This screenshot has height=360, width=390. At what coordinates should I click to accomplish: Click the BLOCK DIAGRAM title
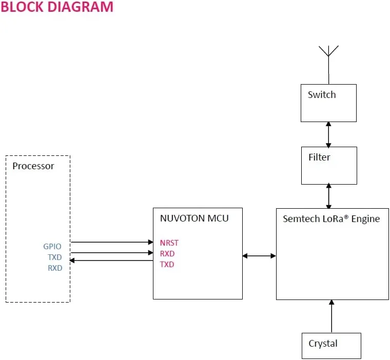tap(56, 7)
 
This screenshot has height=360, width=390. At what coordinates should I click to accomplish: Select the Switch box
tap(328, 103)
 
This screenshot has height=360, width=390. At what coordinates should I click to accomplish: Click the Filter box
tap(328, 165)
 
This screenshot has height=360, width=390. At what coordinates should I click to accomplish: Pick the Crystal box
tap(331, 346)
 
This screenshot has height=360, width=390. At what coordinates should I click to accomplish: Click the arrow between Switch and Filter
tap(328, 134)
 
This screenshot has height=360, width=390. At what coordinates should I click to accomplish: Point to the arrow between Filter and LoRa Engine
tap(328, 196)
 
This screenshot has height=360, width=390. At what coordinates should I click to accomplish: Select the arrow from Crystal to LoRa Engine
tap(331, 316)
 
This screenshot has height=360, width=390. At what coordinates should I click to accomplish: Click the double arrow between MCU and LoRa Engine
tap(259, 255)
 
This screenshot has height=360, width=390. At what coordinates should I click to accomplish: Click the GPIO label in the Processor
tap(52, 247)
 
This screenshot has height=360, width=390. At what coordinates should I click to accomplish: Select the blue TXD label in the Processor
tap(54, 257)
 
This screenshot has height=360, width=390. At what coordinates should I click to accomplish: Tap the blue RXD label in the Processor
tap(54, 268)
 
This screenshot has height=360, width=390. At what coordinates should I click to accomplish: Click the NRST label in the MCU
tap(169, 243)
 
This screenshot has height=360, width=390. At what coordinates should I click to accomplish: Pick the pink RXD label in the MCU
tap(167, 254)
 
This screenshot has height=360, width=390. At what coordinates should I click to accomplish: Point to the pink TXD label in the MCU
tap(167, 265)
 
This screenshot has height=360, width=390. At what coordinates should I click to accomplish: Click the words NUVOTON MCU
tap(194, 218)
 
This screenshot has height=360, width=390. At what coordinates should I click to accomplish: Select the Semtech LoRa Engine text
tap(331, 219)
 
